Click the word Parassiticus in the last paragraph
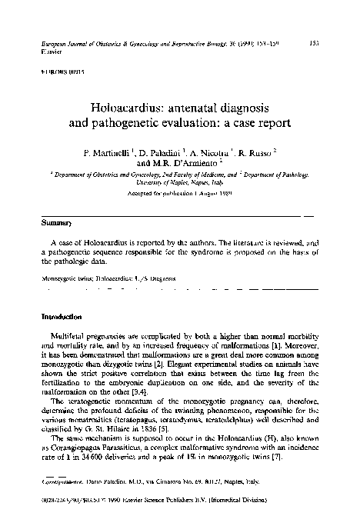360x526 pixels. pos(140,448)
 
